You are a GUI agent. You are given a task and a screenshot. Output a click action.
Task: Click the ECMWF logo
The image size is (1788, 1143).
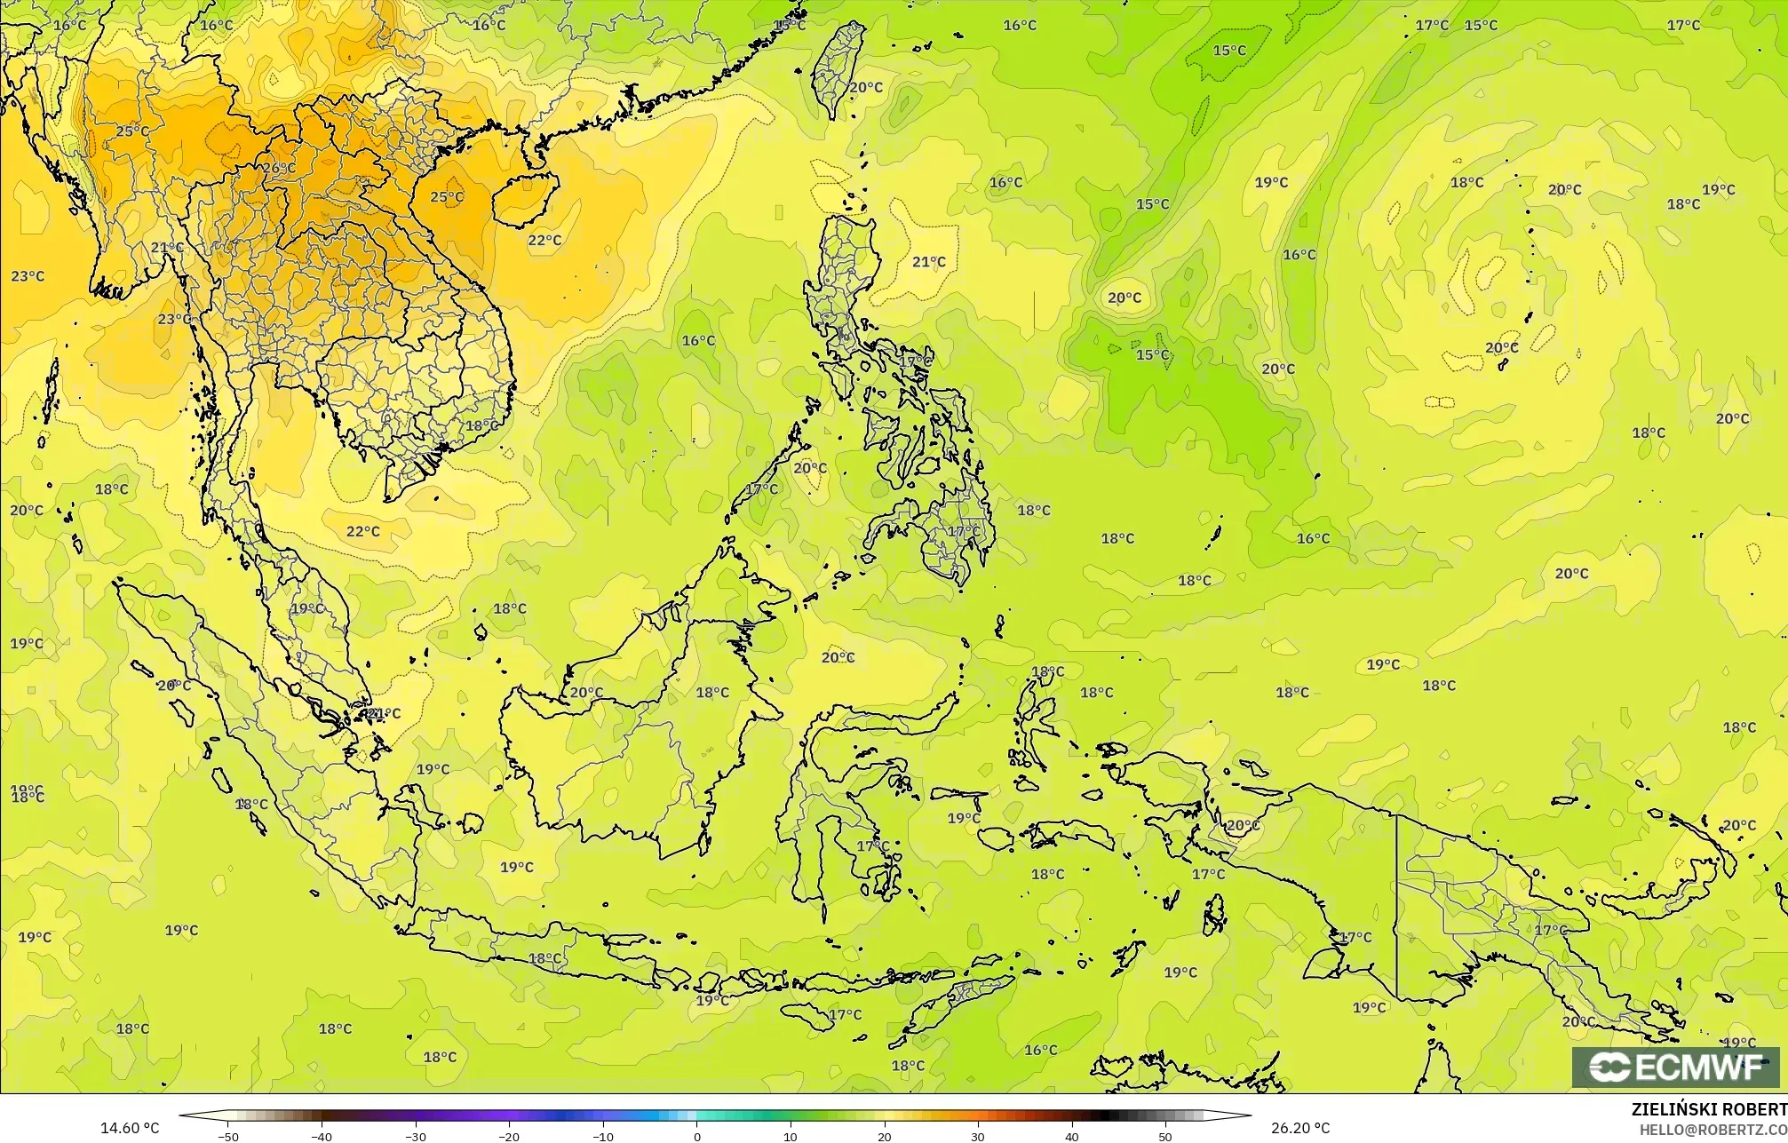pos(1675,1068)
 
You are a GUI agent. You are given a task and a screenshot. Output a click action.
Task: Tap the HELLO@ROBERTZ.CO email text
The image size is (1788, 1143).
pos(1713,1129)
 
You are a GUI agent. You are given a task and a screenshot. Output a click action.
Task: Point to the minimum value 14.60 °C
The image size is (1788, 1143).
pos(130,1128)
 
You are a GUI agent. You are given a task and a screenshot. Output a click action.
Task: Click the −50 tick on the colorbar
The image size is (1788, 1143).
pos(228,1136)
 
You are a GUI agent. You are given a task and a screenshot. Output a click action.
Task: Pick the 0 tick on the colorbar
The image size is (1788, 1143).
pos(696,1136)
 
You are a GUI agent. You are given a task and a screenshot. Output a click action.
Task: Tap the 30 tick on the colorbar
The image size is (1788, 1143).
pos(978,1136)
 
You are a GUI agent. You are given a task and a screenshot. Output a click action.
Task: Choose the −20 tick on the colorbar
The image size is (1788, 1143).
pos(509,1136)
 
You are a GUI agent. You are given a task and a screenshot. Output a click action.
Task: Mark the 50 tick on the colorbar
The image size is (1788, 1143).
pos(1165,1136)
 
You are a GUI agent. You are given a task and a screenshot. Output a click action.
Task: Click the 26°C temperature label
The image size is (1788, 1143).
pos(279,168)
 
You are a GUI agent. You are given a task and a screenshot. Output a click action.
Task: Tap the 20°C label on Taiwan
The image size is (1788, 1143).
pos(866,87)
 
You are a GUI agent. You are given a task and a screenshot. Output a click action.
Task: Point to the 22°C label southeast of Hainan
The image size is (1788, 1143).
pos(544,240)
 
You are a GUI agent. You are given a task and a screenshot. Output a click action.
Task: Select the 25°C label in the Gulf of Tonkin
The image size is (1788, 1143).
pos(447,196)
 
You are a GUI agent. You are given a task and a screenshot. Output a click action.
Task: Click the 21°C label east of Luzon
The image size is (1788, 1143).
pos(929,261)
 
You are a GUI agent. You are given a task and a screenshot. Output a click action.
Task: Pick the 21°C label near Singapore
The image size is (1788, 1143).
pos(384,713)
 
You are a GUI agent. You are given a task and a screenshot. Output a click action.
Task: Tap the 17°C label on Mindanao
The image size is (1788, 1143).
pos(964,531)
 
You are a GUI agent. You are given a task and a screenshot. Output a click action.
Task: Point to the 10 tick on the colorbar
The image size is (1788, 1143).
pos(791,1136)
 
